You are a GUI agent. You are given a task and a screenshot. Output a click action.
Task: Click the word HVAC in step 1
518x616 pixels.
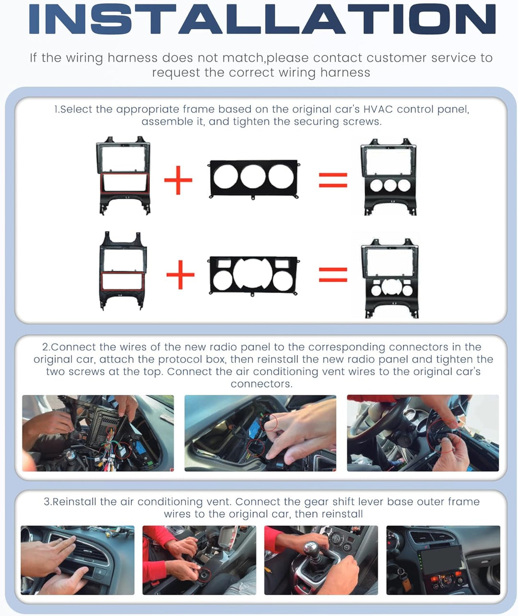point(378,109)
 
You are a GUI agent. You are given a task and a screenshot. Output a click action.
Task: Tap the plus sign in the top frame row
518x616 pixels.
point(178,180)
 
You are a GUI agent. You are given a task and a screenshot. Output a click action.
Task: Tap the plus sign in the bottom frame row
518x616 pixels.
point(180,275)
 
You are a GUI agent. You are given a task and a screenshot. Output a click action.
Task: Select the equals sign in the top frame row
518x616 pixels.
point(333,180)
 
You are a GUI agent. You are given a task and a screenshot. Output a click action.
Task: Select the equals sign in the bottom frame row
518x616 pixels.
point(333,274)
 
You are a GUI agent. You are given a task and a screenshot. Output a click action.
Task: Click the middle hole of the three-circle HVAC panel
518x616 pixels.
point(253,177)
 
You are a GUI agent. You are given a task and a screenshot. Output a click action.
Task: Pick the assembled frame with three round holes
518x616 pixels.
point(389,177)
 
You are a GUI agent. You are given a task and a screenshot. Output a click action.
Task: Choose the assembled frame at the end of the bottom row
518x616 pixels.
point(390,279)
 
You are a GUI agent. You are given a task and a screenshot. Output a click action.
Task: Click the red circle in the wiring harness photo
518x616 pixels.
point(122,450)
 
